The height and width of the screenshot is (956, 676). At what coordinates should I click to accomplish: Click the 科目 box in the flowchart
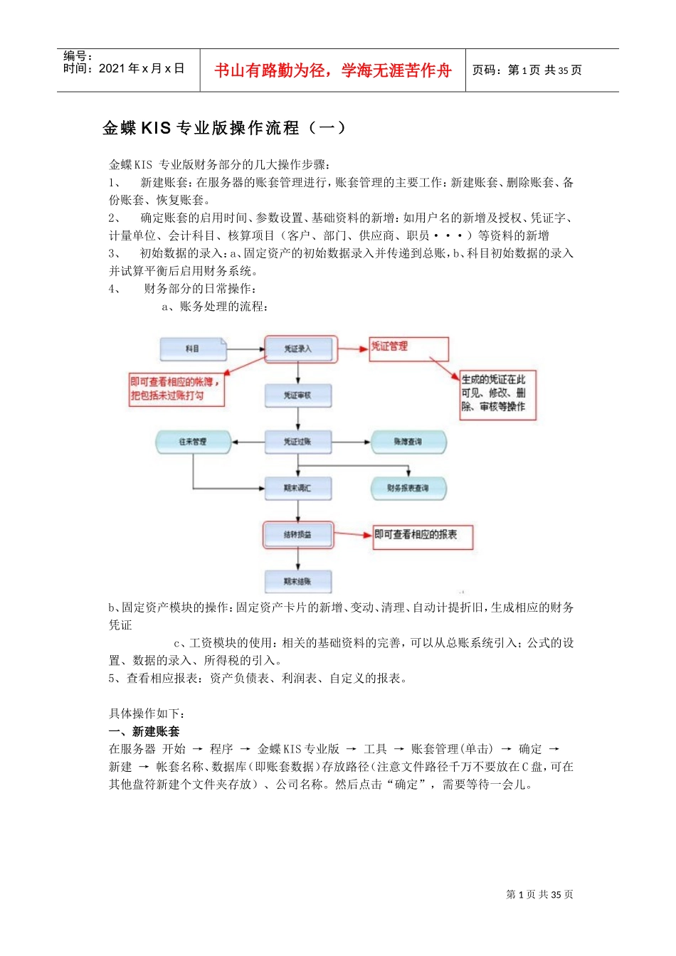[192, 349]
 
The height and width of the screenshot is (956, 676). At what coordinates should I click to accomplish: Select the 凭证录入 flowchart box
[298, 349]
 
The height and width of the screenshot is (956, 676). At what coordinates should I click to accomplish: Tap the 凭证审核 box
[298, 395]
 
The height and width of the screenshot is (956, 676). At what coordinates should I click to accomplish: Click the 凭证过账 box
[298, 442]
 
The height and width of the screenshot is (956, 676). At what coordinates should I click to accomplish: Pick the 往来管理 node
[193, 442]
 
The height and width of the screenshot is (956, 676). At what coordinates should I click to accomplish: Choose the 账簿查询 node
[408, 442]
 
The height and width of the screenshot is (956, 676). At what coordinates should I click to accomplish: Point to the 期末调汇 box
[298, 488]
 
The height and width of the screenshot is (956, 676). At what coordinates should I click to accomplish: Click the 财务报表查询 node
[408, 488]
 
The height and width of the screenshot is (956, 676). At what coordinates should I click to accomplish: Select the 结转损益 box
[298, 535]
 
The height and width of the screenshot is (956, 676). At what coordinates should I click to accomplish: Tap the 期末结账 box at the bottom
[298, 581]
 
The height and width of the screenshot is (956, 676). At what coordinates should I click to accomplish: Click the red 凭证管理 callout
[408, 348]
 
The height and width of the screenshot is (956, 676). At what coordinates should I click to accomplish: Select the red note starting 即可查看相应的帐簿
[175, 388]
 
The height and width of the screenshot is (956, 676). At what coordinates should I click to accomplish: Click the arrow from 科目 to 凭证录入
[245, 349]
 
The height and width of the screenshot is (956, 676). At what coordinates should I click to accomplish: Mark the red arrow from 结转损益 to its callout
[354, 534]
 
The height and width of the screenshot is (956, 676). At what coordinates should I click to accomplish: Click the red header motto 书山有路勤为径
[333, 70]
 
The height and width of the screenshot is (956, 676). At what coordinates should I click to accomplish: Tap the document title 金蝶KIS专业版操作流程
[224, 128]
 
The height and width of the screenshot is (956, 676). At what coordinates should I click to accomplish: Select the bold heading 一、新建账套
[144, 731]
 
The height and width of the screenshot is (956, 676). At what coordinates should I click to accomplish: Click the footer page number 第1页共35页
[539, 895]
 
